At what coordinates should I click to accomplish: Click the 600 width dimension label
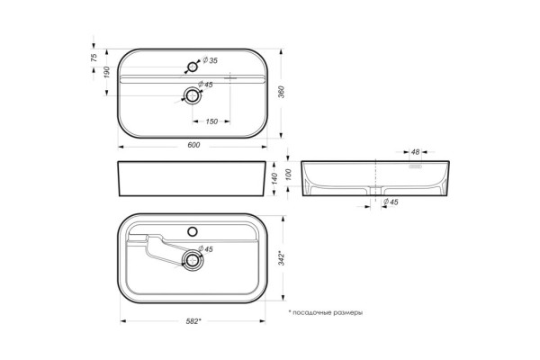click(x=193, y=145)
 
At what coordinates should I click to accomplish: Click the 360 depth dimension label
click(x=282, y=92)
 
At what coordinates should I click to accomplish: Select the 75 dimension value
click(x=94, y=58)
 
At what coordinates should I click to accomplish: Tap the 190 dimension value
click(x=107, y=72)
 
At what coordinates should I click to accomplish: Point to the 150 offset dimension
click(x=211, y=121)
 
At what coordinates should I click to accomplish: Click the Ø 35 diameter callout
click(x=210, y=60)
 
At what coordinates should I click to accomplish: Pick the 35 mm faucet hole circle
click(x=193, y=67)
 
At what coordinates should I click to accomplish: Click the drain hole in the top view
click(x=193, y=95)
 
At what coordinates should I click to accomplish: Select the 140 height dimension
click(x=274, y=178)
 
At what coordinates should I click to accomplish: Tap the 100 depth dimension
click(x=289, y=175)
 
